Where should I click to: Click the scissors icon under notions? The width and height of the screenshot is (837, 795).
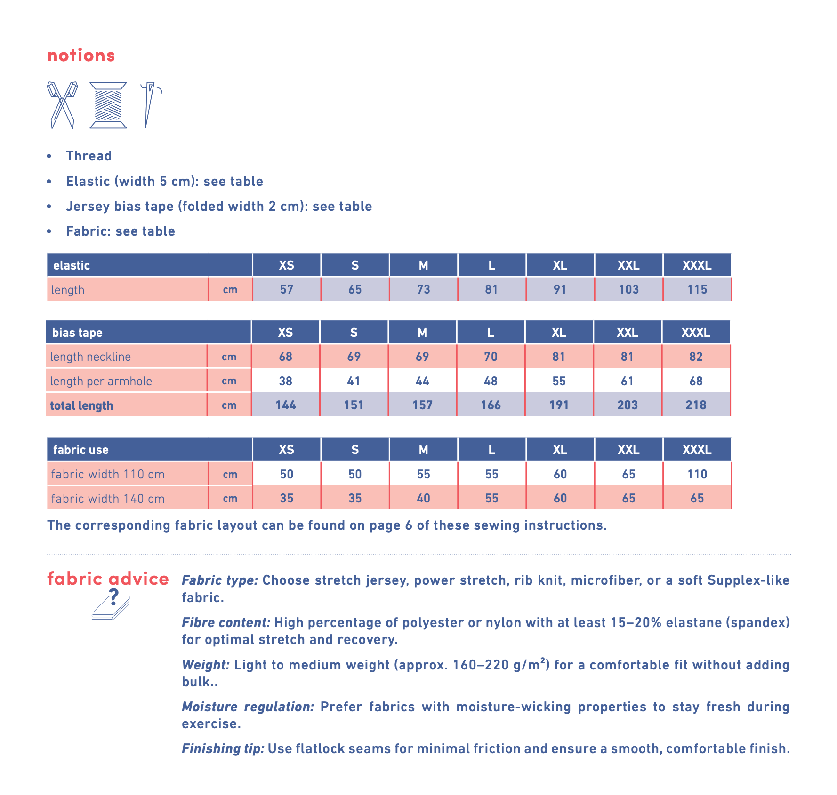click(62, 105)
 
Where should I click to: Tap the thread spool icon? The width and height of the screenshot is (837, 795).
click(108, 105)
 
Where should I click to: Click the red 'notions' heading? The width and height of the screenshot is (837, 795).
click(81, 56)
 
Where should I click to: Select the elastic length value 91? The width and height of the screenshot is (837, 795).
click(560, 289)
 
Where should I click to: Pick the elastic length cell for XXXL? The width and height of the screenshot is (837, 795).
click(697, 289)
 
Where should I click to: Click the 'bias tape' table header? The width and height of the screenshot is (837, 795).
click(77, 333)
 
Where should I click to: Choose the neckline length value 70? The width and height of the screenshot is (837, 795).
click(491, 357)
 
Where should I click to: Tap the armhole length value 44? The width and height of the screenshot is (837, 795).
click(422, 381)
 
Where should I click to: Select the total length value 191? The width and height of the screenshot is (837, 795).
click(559, 405)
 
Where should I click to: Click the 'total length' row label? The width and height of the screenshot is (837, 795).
click(81, 405)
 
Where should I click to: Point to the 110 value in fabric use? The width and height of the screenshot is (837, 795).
click(697, 474)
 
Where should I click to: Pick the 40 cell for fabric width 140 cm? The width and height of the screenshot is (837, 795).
click(423, 498)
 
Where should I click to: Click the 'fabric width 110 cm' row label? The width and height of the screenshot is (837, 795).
click(108, 474)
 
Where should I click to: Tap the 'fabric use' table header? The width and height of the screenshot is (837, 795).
click(81, 450)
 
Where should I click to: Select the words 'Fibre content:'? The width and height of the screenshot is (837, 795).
click(226, 622)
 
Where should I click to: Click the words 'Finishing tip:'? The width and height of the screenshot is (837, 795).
click(223, 748)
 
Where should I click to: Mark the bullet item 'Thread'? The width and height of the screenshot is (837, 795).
click(89, 156)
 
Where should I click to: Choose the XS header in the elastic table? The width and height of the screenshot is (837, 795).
click(286, 265)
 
